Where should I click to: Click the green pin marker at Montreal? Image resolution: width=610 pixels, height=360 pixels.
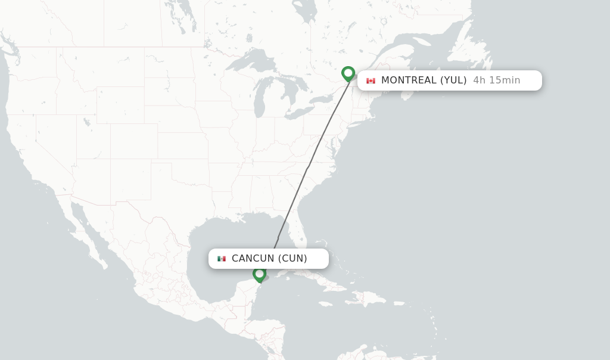[348, 73]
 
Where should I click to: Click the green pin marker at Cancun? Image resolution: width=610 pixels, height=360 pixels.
[259, 274]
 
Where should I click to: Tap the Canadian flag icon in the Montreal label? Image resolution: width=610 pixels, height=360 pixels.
[371, 80]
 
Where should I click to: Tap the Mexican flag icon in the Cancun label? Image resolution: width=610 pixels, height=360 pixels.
[222, 259]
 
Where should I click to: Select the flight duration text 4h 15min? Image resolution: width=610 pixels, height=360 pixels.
[496, 80]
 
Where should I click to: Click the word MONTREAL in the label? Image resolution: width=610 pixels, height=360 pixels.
[409, 80]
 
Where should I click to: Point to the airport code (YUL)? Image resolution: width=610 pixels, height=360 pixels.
[453, 80]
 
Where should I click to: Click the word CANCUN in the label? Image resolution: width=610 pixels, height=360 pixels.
[253, 259]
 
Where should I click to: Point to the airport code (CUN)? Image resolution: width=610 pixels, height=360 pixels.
[292, 259]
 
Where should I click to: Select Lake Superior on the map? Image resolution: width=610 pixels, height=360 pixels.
[250, 61]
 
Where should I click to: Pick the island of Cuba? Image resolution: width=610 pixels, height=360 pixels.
[316, 280]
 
